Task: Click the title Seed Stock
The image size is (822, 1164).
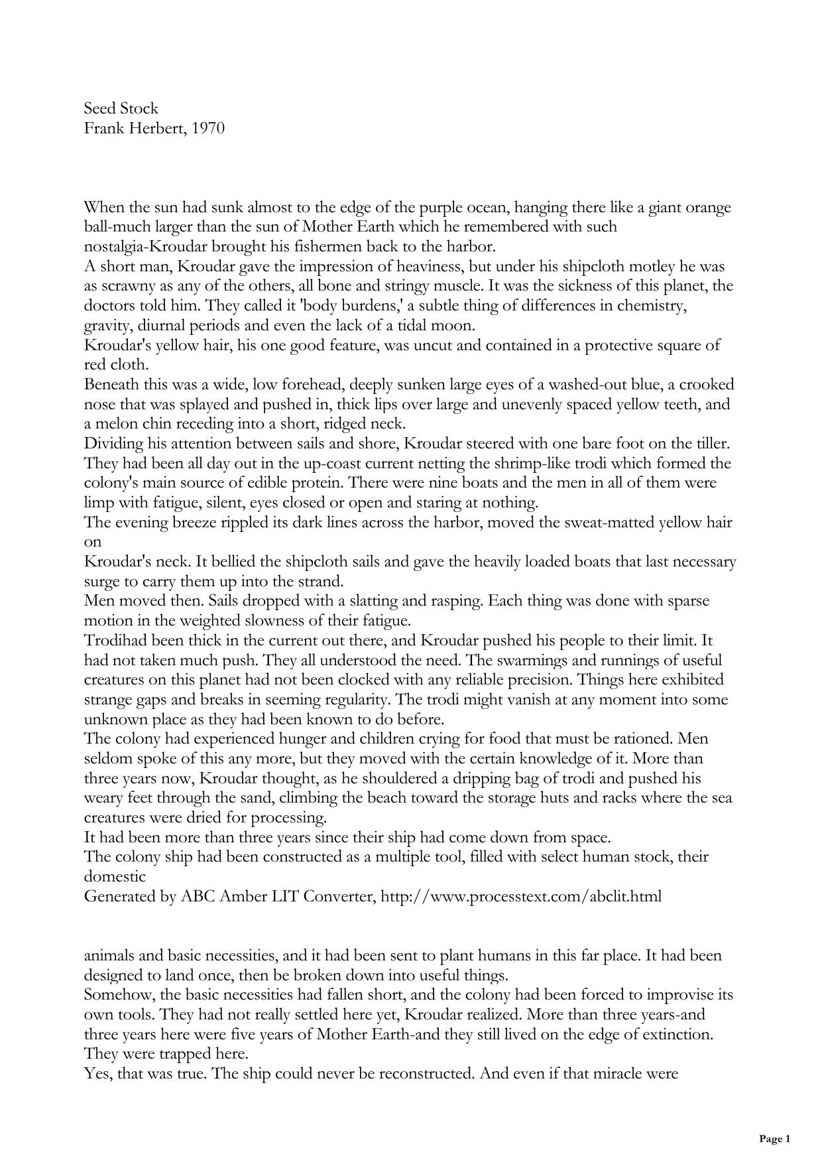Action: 121,108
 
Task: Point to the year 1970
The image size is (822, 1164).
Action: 207,128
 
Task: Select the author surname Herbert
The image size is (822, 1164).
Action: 154,128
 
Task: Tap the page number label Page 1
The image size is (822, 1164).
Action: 774,1139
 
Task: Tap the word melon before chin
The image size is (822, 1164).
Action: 117,424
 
